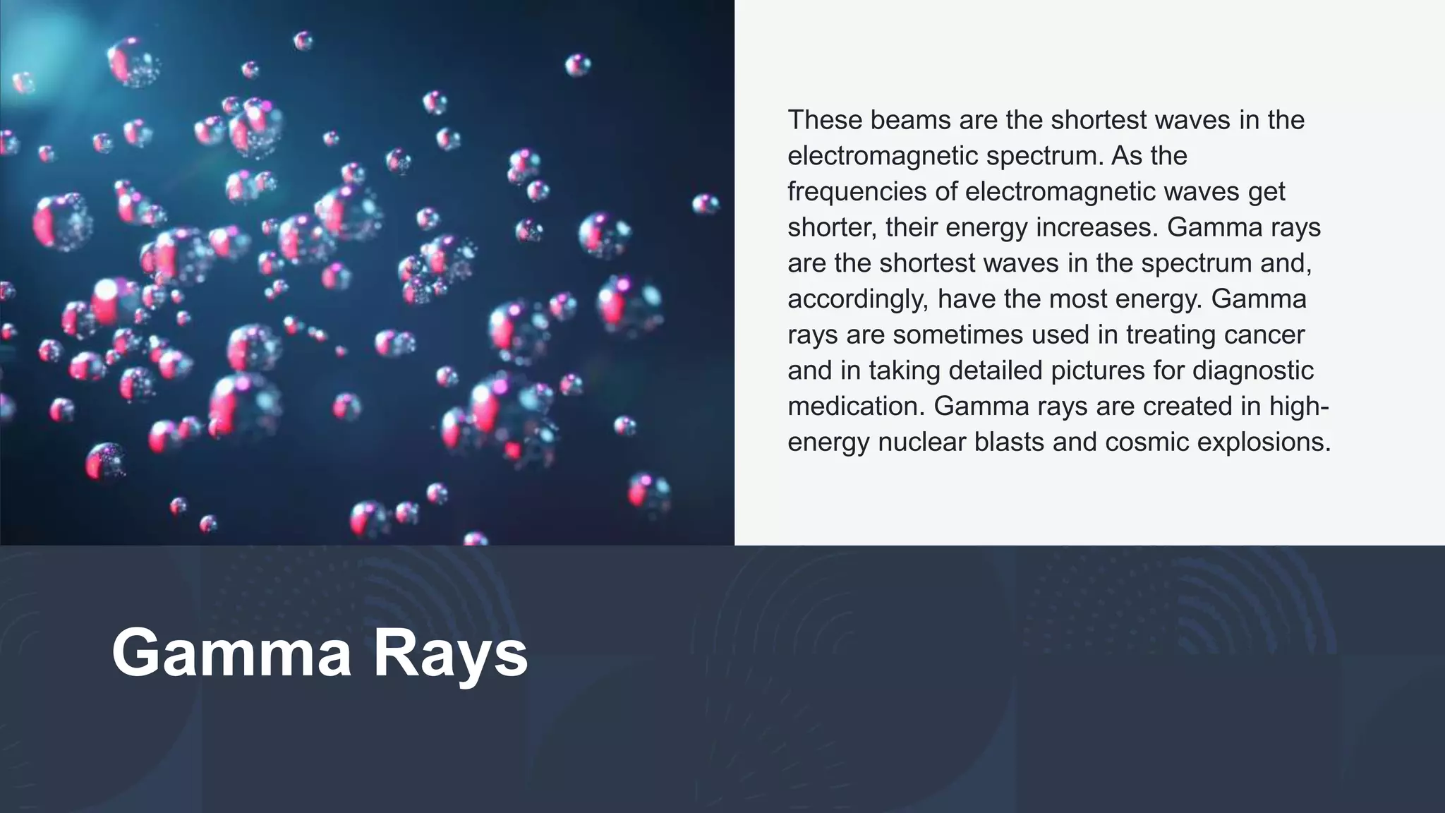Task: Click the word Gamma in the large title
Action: tap(231, 653)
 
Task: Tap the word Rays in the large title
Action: tap(450, 653)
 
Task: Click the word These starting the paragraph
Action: tap(824, 120)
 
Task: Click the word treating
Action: tap(1171, 335)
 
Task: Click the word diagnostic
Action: tap(1242, 371)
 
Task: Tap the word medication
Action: tap(856, 406)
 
